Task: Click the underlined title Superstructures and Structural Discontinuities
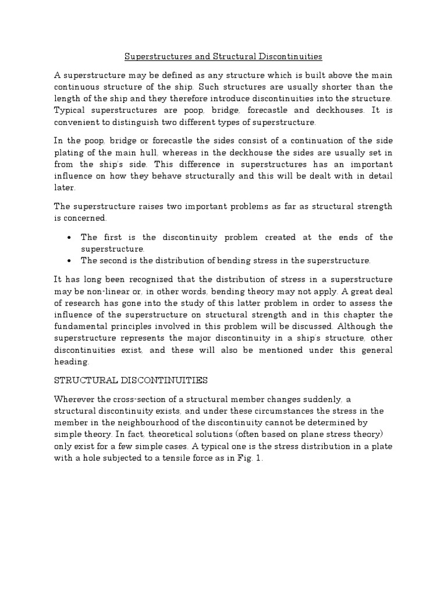tap(223, 57)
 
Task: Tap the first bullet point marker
tap(70, 238)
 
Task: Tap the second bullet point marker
tap(70, 260)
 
